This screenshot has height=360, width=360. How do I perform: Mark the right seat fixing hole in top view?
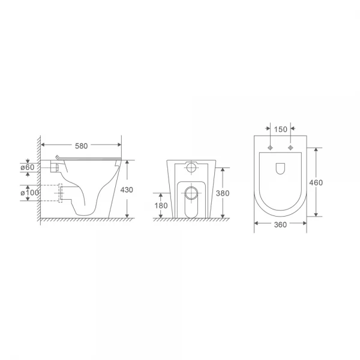point(291,148)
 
